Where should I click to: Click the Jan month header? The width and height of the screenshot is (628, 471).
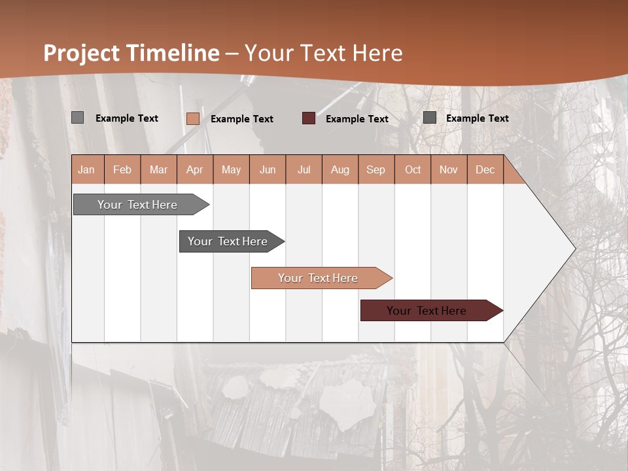pos(87,169)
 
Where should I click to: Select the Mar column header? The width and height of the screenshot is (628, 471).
pos(158,169)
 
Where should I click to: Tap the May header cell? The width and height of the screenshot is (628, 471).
pos(231,169)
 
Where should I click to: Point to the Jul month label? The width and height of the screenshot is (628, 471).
pos(304,169)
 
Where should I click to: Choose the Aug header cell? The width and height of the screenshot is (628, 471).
pos(340,169)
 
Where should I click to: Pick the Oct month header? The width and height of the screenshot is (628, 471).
pos(412,169)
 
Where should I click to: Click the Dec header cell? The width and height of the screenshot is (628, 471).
pos(485,169)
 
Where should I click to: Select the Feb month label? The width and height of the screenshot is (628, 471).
pos(122,169)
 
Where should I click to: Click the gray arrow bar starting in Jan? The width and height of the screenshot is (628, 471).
pos(137,205)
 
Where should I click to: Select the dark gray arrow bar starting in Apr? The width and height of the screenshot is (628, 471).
pos(228,241)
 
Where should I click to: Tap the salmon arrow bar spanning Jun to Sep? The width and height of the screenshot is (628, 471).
pos(318,278)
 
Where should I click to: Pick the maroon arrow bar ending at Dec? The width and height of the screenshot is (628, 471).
pos(427,311)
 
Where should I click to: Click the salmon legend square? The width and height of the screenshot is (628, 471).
pos(193,118)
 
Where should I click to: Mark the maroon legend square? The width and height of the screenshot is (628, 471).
pos(309,118)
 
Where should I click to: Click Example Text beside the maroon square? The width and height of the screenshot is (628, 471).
pos(357,118)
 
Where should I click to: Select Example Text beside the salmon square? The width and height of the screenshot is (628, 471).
pos(241,118)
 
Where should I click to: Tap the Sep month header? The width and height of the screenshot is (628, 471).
pos(375,169)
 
